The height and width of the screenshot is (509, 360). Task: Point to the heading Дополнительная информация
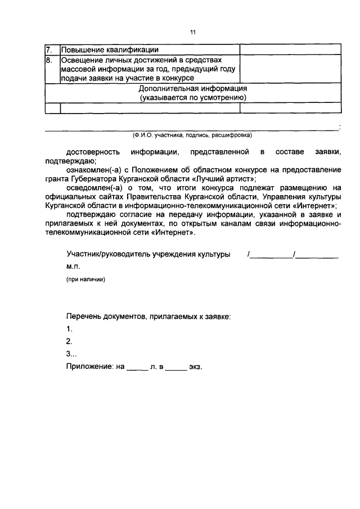tap(193, 89)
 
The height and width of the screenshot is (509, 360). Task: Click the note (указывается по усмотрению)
tap(193, 98)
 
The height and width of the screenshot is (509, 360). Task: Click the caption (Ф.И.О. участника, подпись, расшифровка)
tap(193, 136)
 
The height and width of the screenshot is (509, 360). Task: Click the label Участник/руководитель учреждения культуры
tap(148, 254)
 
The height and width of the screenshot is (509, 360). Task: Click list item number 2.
tap(69, 341)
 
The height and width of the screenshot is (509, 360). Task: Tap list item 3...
tap(71, 354)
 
